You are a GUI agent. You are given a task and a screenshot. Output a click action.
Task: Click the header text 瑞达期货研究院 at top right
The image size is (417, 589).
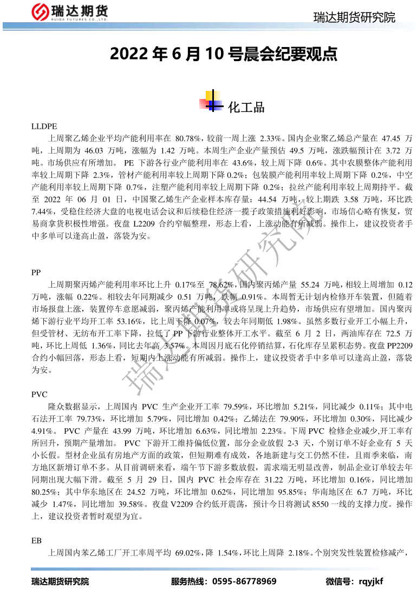(x=354, y=18)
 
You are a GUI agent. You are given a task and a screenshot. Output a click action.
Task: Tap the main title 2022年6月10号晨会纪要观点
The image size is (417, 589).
(x=224, y=54)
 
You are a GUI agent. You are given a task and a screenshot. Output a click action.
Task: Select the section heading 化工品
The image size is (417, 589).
(x=246, y=107)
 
